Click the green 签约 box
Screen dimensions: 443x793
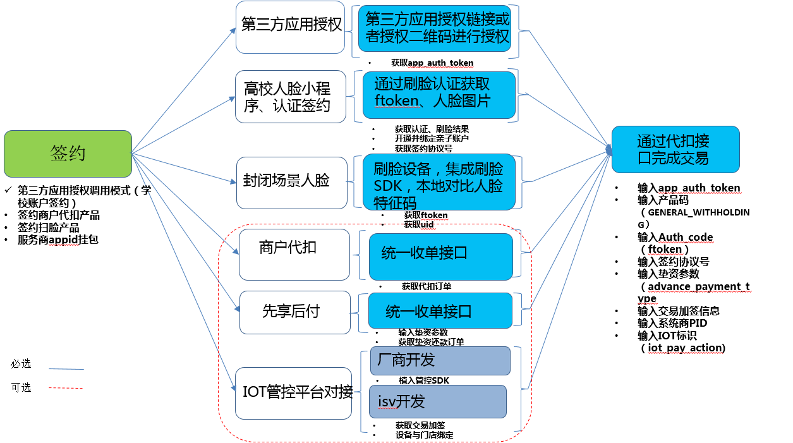click(68, 154)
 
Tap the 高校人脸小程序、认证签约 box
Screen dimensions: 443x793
click(291, 97)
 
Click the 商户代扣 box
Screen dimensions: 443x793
click(294, 254)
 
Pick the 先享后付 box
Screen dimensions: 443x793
click(294, 312)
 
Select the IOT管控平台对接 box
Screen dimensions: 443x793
click(293, 392)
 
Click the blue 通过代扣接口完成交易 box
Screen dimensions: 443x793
click(675, 149)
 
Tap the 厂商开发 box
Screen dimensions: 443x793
click(439, 361)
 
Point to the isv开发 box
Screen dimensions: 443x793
click(437, 401)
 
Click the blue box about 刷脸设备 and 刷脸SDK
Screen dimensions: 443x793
click(439, 182)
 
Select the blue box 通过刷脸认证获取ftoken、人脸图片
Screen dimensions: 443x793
click(439, 95)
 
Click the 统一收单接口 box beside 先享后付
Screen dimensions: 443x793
click(440, 311)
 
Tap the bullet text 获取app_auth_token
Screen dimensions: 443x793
click(432, 63)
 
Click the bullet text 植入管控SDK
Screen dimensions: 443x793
click(423, 380)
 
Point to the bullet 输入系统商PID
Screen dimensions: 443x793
click(672, 324)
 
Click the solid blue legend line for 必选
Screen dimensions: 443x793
click(66, 368)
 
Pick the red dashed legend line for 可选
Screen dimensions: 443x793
click(66, 388)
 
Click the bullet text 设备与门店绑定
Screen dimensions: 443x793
click(424, 435)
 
